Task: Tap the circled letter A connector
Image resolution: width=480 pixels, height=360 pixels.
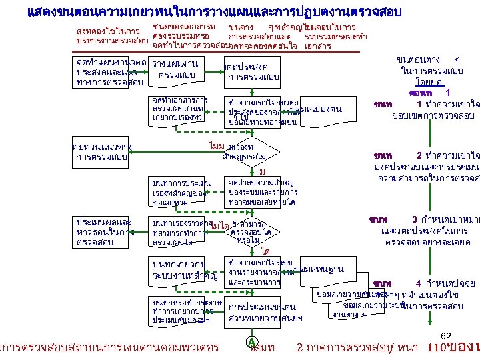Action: coord(253,341)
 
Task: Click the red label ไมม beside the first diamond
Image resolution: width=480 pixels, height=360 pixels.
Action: coord(215,145)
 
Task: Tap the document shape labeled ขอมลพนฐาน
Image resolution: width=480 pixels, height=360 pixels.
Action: coord(319,269)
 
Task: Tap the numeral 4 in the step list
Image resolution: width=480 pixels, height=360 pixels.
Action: coord(418,283)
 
